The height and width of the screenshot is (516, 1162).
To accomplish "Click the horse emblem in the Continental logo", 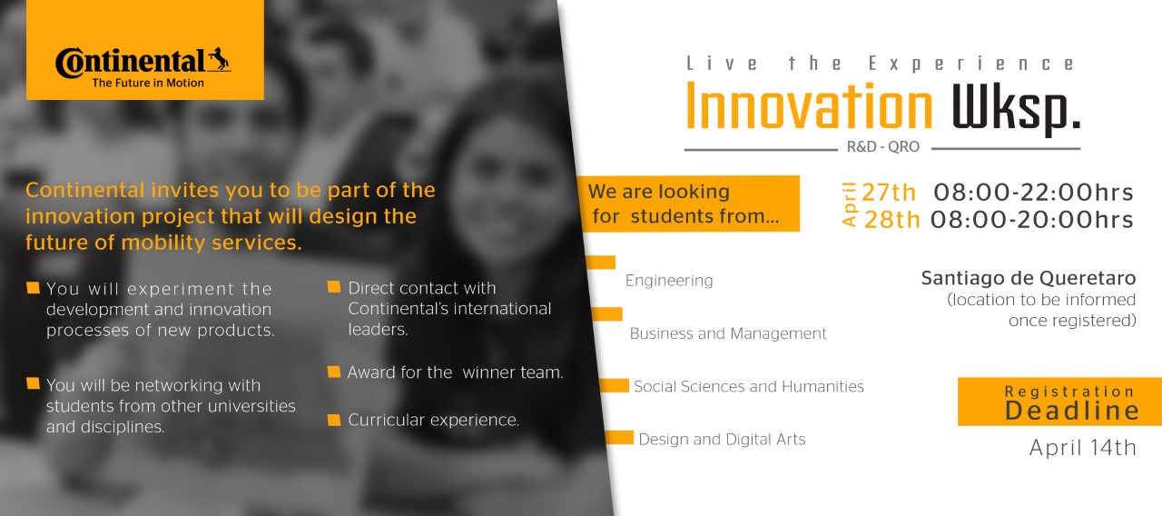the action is (220, 59).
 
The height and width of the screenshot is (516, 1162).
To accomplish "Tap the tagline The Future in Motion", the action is (148, 83).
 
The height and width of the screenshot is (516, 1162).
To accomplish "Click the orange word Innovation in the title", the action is (809, 106).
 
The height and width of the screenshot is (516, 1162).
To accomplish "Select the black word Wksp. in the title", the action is (1016, 110).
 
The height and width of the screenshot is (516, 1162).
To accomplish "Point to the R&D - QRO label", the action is (883, 147).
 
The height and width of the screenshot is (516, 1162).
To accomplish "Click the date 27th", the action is (889, 193).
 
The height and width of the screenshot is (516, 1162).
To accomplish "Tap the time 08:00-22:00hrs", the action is (1033, 193).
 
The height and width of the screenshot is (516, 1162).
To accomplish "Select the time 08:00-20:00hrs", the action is (1032, 220).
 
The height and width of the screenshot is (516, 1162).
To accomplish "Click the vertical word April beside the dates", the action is (849, 204).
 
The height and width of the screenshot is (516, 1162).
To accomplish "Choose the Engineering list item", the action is (669, 281).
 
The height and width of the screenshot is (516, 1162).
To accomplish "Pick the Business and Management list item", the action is (728, 333).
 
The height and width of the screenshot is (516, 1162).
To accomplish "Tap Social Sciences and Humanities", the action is (749, 386).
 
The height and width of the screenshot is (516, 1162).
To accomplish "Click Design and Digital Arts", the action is (722, 439).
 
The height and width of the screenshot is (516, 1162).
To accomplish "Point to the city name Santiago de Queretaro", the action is (1029, 278).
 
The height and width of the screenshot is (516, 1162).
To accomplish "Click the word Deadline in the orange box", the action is (1072, 411).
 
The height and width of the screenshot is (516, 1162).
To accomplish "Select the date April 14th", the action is (1083, 448).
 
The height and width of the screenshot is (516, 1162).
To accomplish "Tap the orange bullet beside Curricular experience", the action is (334, 420).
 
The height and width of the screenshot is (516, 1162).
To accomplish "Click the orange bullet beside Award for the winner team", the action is (334, 372).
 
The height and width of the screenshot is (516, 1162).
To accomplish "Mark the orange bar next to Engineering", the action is (601, 263).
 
